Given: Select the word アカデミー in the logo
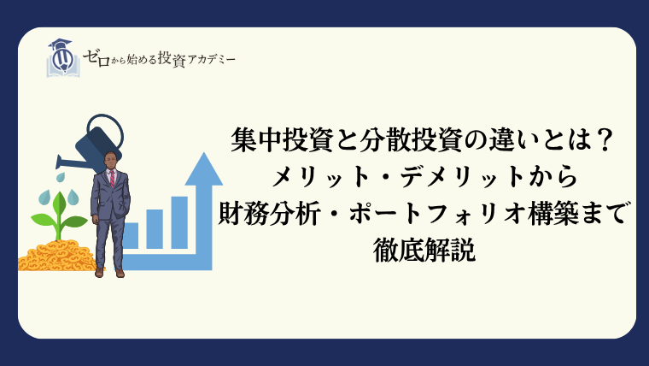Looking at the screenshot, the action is [x=212, y=60].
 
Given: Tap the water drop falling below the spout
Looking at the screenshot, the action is [x=61, y=177].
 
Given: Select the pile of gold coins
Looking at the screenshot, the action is [x=57, y=256].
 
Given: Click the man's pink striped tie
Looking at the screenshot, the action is [x=112, y=179].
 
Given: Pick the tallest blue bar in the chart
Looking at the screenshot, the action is [x=179, y=222].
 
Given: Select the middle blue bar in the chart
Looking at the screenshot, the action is [x=155, y=229].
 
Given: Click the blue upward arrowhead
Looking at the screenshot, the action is [x=203, y=169].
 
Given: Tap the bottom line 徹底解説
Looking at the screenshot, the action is [x=424, y=250].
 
